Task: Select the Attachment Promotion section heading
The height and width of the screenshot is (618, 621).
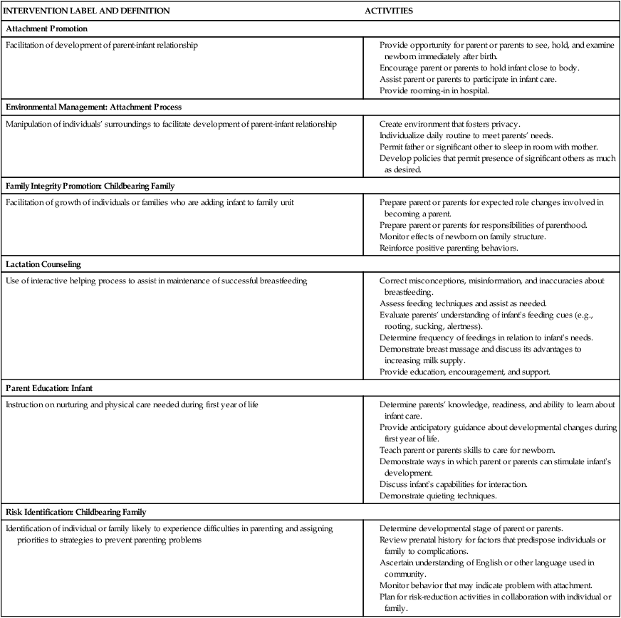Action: (46, 28)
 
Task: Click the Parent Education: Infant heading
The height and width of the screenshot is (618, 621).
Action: (49, 388)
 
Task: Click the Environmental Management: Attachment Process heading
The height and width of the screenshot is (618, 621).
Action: (93, 107)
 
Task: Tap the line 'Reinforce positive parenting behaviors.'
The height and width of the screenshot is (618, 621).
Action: (448, 248)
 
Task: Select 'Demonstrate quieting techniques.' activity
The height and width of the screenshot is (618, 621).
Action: (438, 496)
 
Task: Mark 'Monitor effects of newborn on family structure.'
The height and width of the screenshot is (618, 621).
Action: (463, 236)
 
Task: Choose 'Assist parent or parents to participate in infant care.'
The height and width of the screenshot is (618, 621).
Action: (468, 79)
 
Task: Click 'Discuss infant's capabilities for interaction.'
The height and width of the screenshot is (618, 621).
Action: (453, 484)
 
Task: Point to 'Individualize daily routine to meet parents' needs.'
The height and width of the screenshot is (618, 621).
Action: (466, 135)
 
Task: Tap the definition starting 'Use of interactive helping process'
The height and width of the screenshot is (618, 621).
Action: (156, 281)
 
